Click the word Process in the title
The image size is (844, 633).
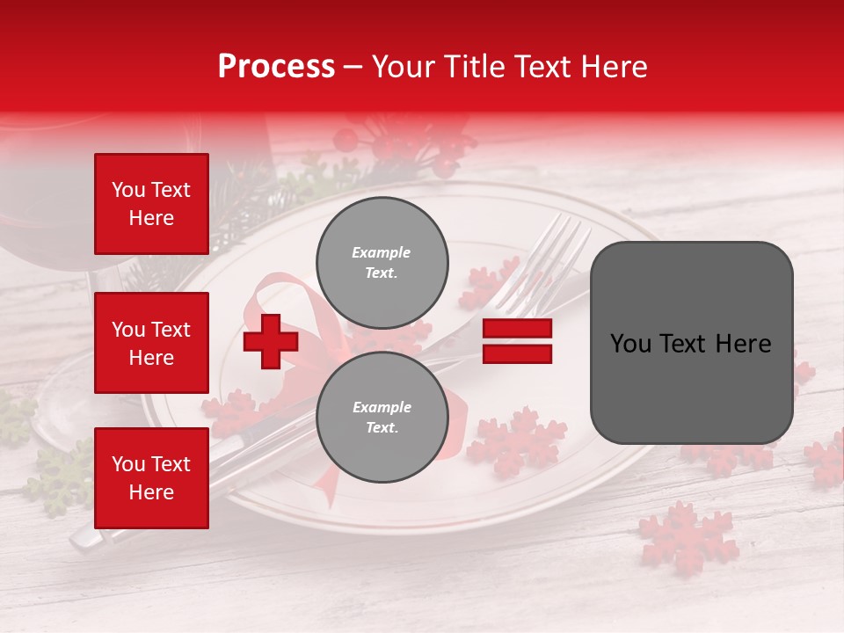click(276, 67)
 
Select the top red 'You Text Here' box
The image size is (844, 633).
click(151, 204)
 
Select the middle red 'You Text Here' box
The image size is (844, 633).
click(151, 343)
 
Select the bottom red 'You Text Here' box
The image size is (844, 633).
click(151, 478)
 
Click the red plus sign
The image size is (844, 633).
click(271, 341)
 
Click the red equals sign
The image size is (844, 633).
click(517, 341)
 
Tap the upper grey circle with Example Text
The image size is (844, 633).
click(382, 262)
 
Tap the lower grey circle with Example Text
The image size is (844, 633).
click(382, 417)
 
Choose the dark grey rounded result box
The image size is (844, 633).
click(691, 343)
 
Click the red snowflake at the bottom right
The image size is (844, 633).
click(688, 535)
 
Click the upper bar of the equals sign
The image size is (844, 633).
click(517, 329)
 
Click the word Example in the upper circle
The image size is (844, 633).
click(381, 252)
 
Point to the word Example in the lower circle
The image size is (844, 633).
click(381, 407)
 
